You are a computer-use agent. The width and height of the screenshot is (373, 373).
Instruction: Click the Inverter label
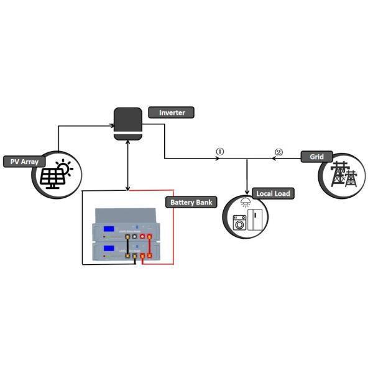171,113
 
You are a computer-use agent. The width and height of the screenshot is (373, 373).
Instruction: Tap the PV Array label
24,162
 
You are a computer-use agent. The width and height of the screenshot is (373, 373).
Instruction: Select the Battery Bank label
191,202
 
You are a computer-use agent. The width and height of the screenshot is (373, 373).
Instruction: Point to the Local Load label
273,193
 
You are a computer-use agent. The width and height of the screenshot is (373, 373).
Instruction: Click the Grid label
316,157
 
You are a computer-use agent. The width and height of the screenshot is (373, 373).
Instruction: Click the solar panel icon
50,178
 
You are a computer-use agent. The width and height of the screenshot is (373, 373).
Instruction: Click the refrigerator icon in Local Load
256,219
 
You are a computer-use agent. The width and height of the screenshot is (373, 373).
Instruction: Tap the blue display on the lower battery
109,249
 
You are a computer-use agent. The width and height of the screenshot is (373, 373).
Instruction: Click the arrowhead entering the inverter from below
127,142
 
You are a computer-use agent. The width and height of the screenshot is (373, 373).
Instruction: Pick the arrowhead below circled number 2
273,159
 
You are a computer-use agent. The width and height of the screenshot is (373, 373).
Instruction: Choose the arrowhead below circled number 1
218,159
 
